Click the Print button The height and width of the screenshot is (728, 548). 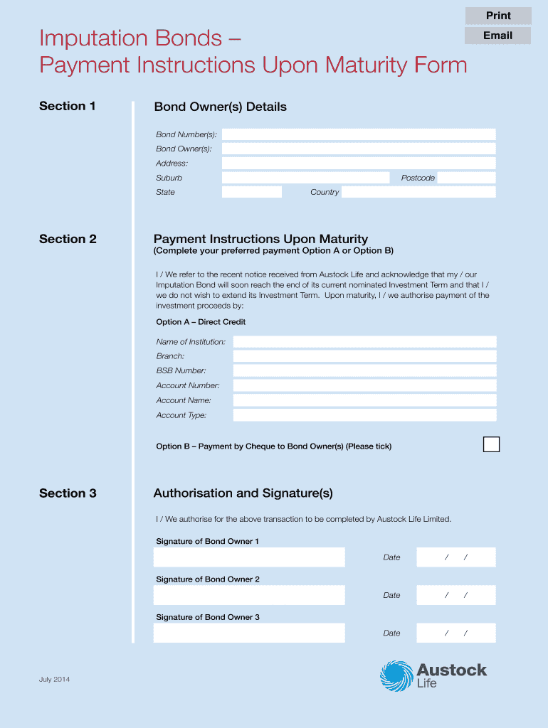point(498,16)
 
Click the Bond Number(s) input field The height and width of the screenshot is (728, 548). point(359,134)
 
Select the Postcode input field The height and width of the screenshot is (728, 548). point(466,178)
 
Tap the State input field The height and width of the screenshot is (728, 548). point(252,192)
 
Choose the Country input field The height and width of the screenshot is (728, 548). point(418,192)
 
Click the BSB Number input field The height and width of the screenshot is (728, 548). point(364,370)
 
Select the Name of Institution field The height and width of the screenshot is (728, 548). point(364,342)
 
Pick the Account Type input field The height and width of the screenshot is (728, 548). point(364,415)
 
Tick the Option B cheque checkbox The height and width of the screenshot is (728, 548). point(491,445)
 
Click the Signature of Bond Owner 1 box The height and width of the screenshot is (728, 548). point(249,557)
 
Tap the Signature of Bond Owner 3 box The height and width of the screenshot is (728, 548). point(249,633)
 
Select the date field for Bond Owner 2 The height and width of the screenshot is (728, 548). point(455,595)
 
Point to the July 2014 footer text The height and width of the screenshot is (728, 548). point(55,680)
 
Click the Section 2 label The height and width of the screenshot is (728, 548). point(68,239)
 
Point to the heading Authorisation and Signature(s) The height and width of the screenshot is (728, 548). point(243,493)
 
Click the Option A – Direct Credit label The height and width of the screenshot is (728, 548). point(201,322)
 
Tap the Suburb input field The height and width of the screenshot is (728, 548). point(305,178)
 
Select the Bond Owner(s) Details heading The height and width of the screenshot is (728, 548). point(220,107)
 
